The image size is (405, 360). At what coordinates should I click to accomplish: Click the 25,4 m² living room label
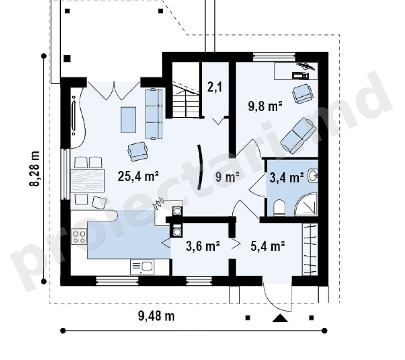point(138,176)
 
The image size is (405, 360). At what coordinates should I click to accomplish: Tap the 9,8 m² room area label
point(265,106)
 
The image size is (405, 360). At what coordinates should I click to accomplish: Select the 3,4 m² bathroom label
point(287,177)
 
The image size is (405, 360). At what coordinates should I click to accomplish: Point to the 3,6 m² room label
point(203,246)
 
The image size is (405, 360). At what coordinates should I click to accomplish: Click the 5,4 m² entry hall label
point(268,246)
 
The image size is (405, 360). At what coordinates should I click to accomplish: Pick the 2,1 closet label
point(215,87)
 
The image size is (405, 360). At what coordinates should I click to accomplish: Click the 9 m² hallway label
point(227,177)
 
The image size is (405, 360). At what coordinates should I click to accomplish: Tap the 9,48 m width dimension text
point(156,316)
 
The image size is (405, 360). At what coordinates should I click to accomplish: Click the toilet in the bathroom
point(279,207)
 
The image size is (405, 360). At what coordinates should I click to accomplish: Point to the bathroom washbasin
point(313,176)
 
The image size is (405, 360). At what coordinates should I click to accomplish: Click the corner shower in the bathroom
point(306,204)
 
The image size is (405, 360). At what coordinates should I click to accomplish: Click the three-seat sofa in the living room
point(154,114)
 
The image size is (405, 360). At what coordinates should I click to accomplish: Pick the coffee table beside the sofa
point(129,120)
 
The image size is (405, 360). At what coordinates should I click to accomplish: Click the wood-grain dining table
point(87,180)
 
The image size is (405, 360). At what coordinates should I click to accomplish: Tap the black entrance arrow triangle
point(280,318)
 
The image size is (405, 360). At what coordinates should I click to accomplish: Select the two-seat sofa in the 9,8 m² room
point(298,136)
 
